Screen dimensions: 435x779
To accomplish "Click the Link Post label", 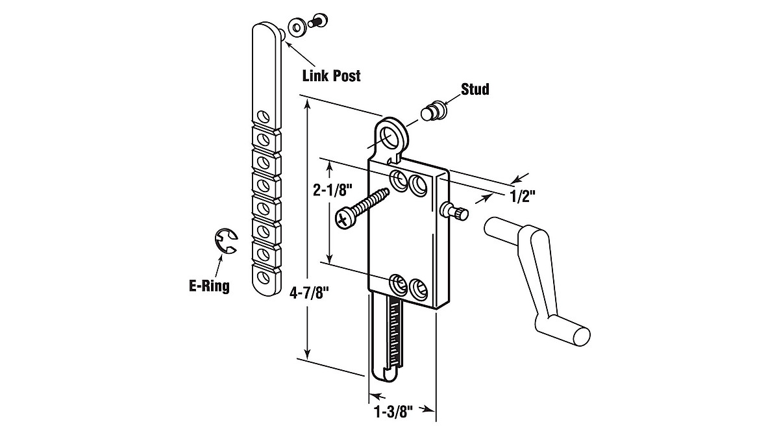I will [x=331, y=75].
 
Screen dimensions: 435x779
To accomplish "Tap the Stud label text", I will [x=475, y=89].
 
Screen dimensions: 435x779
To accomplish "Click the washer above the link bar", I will [x=299, y=27].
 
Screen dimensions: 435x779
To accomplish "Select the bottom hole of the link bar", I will [x=264, y=279].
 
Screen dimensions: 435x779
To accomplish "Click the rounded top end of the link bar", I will [x=266, y=32].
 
